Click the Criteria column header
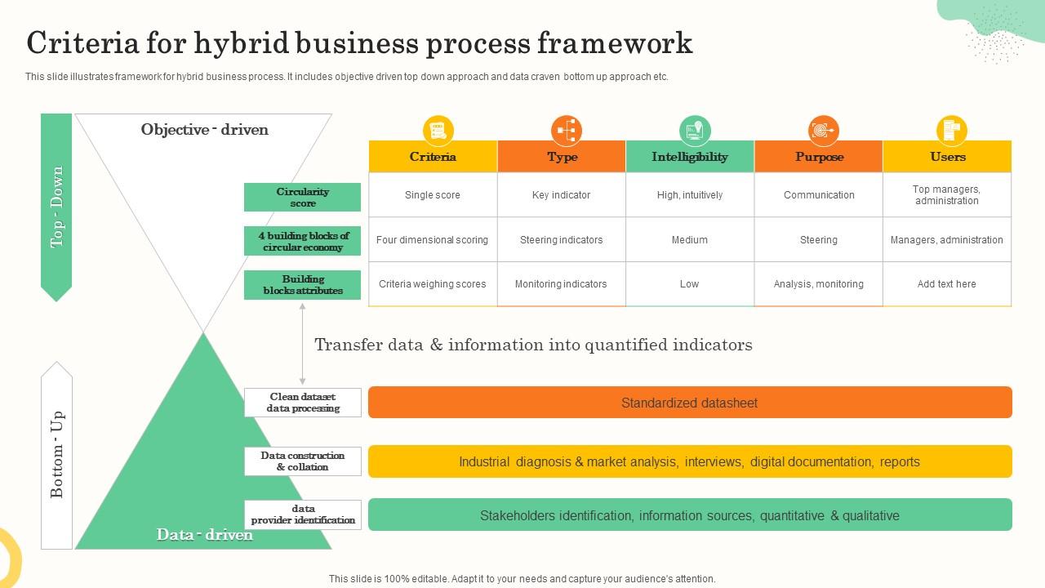tap(433, 157)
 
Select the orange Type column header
tap(562, 157)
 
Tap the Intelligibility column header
tap(690, 157)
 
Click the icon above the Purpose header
tap(823, 131)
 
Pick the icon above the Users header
tap(951, 131)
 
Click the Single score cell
tap(433, 195)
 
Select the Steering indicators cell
tap(562, 240)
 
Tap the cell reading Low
tap(690, 284)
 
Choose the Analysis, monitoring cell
tap(819, 284)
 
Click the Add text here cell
tap(947, 284)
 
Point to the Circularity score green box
tap(302, 198)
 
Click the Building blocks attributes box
tap(302, 285)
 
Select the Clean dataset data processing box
tap(303, 403)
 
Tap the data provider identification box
tap(303, 514)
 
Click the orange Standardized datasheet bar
tap(690, 403)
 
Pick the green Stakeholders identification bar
tap(690, 515)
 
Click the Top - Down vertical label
tap(56, 207)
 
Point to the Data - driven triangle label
tap(205, 535)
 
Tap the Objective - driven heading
tap(204, 129)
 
